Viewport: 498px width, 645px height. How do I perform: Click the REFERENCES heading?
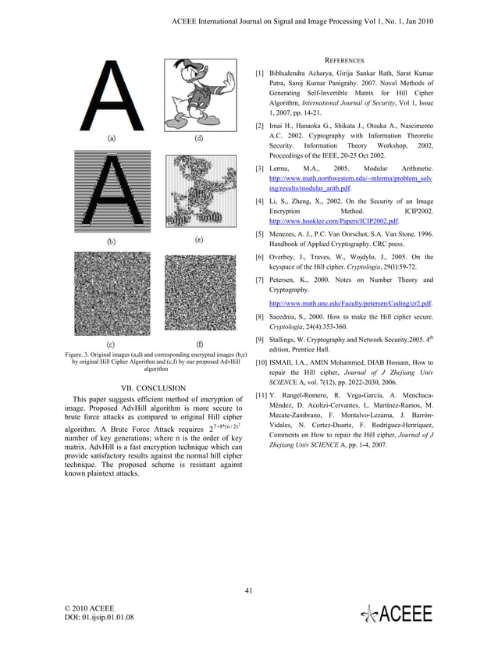coord(344,60)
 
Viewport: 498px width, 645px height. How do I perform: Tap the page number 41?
coord(249,590)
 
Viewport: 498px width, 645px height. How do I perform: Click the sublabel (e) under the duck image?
coord(199,240)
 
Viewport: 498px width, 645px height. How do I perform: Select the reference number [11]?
coord(262,396)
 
